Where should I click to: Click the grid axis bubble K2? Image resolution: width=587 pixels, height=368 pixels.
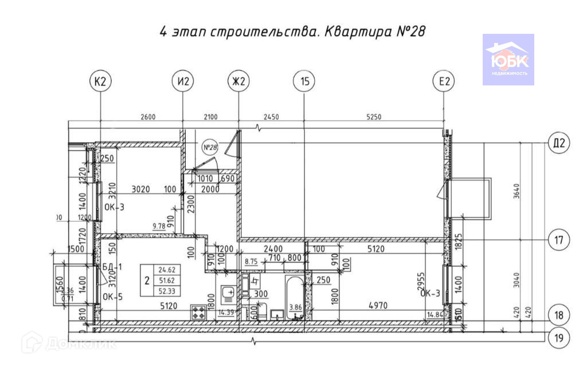pos(100,82)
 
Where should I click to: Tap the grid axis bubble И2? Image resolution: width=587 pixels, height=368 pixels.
pos(183,82)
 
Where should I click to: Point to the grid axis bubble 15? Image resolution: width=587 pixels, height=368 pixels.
pos(304,82)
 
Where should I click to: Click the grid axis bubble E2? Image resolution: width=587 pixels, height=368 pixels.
pos(444,82)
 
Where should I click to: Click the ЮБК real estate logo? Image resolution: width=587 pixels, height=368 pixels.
pos(508,60)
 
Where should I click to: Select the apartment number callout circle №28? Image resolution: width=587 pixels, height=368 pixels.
pos(211,147)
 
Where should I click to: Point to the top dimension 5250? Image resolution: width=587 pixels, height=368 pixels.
pos(373,117)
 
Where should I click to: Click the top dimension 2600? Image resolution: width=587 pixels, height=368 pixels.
pos(148,117)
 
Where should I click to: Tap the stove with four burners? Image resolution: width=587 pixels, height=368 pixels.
pos(199,313)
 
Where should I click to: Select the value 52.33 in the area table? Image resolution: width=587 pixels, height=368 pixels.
pos(167,292)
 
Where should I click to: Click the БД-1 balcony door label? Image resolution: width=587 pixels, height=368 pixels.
pos(108,267)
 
